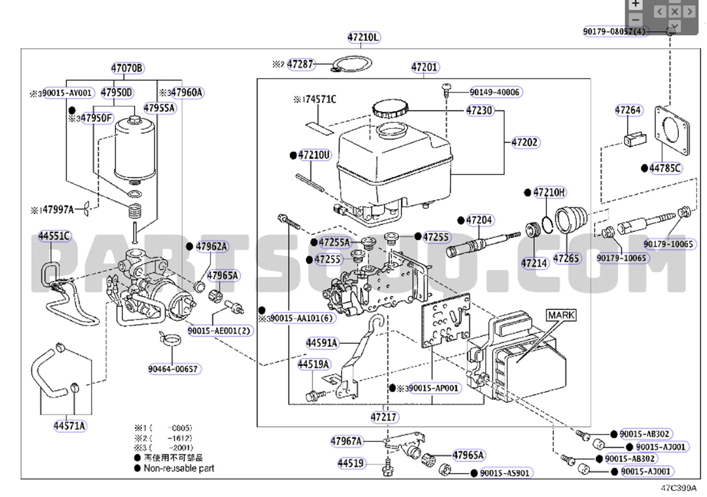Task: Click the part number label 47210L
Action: click(364, 37)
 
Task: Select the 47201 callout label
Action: click(425, 67)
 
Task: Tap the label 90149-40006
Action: click(495, 92)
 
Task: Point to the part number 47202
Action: click(525, 142)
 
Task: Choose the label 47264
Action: click(628, 110)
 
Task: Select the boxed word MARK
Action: click(561, 315)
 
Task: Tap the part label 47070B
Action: click(127, 68)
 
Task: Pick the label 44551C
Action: click(54, 236)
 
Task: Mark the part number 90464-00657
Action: click(173, 369)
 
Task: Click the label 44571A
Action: click(69, 426)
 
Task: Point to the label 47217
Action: click(384, 417)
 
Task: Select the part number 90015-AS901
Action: click(505, 473)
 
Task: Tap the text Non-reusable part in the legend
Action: click(179, 468)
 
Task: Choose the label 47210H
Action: click(549, 192)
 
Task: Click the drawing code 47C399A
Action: click(678, 488)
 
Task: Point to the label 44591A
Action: click(322, 343)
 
